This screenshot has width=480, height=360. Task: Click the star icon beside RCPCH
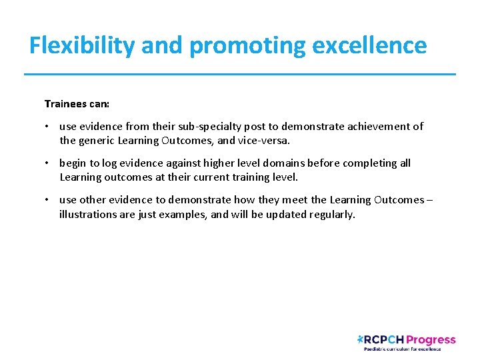pos(361,339)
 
